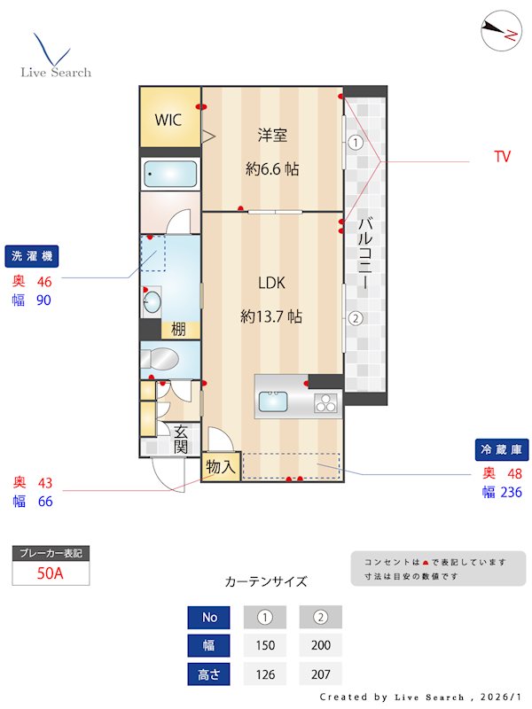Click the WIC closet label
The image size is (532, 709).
pyautogui.click(x=169, y=120)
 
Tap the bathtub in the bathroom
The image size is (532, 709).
pyautogui.click(x=170, y=174)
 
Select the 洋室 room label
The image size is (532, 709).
pyautogui.click(x=272, y=136)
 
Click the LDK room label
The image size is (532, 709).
pyautogui.click(x=271, y=284)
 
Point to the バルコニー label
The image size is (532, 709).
pyautogui.click(x=364, y=257)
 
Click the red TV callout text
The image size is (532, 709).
pyautogui.click(x=503, y=157)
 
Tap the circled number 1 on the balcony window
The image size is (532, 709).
pyautogui.click(x=355, y=142)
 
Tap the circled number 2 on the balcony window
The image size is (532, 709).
pyautogui.click(x=355, y=319)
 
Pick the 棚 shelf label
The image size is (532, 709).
pyautogui.click(x=178, y=330)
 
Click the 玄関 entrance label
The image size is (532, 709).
pyautogui.click(x=181, y=440)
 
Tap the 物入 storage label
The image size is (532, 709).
pyautogui.click(x=221, y=466)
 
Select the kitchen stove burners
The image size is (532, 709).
pyautogui.click(x=325, y=404)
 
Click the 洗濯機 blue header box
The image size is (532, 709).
pyautogui.click(x=31, y=256)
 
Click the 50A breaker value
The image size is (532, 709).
pyautogui.click(x=51, y=573)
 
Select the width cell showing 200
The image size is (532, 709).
pyautogui.click(x=320, y=645)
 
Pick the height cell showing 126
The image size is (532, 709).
pyautogui.click(x=265, y=674)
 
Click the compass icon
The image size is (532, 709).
pyautogui.click(x=499, y=33)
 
